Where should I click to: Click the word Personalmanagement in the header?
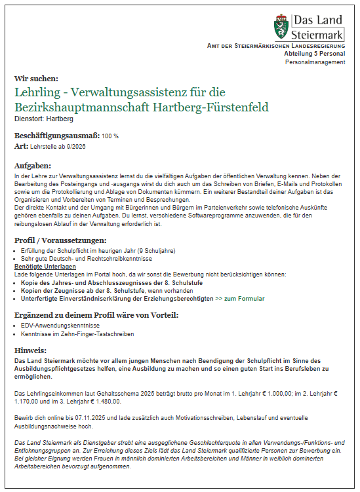315,62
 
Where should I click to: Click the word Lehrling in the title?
39,92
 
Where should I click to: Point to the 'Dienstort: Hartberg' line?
44,119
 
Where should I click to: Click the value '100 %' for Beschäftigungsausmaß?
110,136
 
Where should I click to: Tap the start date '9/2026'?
75,146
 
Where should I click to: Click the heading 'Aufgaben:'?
33,165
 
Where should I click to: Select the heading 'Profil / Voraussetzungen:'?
60,240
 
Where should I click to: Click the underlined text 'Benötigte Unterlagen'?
45,267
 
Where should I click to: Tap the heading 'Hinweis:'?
30,350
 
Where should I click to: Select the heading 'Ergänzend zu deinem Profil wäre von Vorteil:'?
96,314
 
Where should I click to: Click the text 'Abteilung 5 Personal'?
314,54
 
